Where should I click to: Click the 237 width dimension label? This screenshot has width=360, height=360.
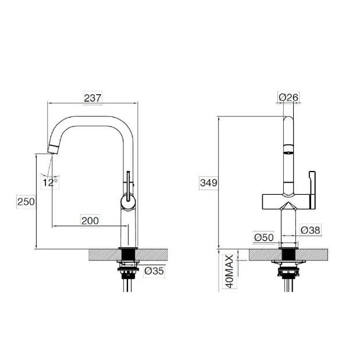click(92, 98)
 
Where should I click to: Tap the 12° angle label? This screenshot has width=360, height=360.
click(50, 183)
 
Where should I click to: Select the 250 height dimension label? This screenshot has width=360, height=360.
click(26, 202)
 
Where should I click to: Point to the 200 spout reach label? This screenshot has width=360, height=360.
click(90, 221)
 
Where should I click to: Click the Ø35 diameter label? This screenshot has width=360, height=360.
click(154, 271)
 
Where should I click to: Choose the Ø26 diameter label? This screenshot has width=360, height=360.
click(288, 97)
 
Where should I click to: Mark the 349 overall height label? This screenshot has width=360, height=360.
click(208, 183)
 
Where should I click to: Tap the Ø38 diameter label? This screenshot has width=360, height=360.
click(311, 230)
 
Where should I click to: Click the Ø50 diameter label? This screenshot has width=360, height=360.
click(264, 237)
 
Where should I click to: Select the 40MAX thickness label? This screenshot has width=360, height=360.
click(230, 272)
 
